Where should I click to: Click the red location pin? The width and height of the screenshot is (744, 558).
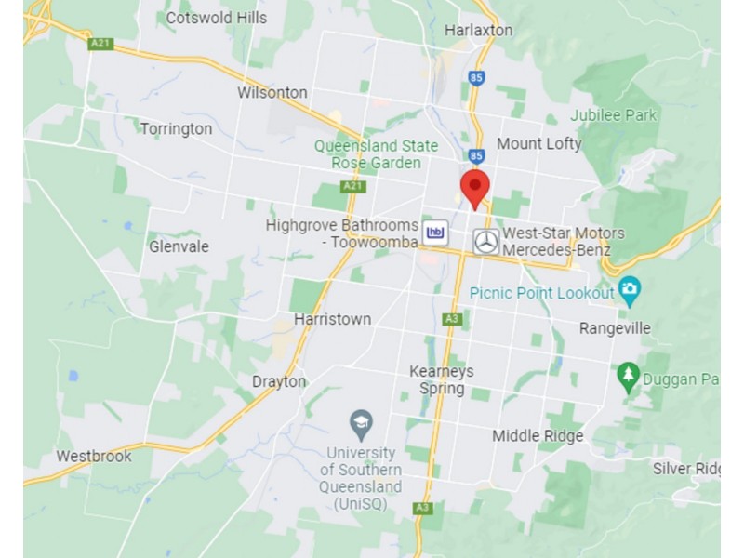(x=475, y=187)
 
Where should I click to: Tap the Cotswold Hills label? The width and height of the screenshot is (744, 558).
(x=216, y=17)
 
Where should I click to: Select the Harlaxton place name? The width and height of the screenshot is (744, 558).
(x=478, y=30)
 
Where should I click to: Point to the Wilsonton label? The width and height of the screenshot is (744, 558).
(x=272, y=92)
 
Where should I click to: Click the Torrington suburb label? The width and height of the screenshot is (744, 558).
(x=176, y=128)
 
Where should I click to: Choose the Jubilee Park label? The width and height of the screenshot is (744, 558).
(x=614, y=115)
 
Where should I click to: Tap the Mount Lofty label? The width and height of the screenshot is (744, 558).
(x=538, y=143)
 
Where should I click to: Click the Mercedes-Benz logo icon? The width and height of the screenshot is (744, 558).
(x=485, y=242)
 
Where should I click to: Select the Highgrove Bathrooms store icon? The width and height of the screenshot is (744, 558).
(x=435, y=232)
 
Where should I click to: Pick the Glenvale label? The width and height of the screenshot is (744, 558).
(x=179, y=246)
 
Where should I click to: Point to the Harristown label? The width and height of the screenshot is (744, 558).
(x=332, y=319)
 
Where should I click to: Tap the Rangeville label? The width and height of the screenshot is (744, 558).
(x=615, y=328)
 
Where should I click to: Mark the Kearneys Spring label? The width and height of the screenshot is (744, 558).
(x=442, y=379)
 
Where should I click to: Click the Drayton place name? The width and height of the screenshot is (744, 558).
(x=279, y=381)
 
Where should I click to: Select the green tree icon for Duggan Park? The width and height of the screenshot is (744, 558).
(x=628, y=376)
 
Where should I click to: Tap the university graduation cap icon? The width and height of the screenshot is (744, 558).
(x=361, y=424)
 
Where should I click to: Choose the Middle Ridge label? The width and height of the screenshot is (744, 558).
(x=538, y=435)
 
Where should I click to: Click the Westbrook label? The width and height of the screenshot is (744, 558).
(x=94, y=456)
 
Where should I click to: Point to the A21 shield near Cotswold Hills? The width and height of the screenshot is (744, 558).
(x=100, y=43)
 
